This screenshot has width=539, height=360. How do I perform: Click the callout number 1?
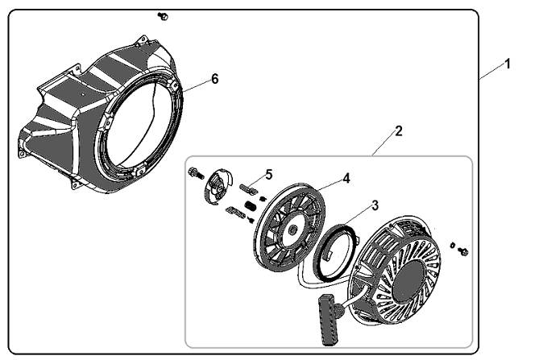click(508, 64)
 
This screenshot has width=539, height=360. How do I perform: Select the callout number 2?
click(398, 131)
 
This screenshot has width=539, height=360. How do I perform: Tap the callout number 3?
click(375, 205)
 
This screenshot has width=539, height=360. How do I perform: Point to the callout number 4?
click(346, 178)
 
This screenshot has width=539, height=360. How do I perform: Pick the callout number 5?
click(269, 175)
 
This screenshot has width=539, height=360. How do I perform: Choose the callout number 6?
click(215, 79)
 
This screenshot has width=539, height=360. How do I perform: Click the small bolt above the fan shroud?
click(163, 16)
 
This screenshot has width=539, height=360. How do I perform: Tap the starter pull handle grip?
click(329, 320)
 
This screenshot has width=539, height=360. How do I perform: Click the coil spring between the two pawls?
click(251, 206)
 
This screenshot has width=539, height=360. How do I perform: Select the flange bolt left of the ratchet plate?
click(197, 172)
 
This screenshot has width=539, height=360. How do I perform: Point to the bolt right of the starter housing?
click(464, 252)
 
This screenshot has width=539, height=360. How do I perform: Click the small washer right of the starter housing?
click(453, 245)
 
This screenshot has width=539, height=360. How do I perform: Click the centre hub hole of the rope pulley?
click(292, 231)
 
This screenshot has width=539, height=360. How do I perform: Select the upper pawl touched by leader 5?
click(248, 189)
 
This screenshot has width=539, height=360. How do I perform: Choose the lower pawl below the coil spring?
click(235, 212)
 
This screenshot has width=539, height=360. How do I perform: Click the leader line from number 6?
click(197, 85)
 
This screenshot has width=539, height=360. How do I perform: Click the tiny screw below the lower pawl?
click(251, 220)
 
